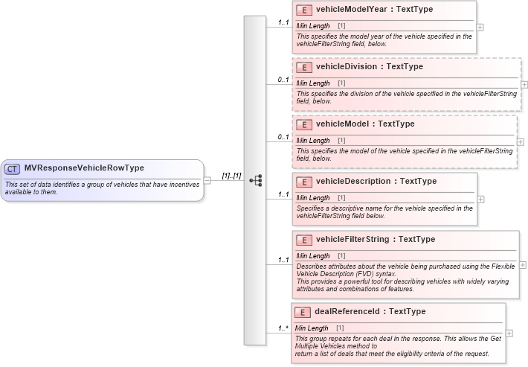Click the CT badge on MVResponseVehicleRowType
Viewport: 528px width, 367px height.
coord(13,168)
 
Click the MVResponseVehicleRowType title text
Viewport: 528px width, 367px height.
coord(84,168)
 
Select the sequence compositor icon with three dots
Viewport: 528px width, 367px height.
coord(255,180)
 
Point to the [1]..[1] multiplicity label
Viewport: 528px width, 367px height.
coord(231,176)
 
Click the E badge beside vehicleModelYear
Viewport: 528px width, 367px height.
coord(303,10)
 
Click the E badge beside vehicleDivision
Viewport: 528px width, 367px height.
coord(303,67)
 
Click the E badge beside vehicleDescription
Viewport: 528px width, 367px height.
coord(303,182)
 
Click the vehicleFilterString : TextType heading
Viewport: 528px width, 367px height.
coord(376,240)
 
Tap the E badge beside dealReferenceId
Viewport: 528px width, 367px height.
coord(303,312)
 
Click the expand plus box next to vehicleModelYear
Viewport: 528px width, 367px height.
coord(480,27)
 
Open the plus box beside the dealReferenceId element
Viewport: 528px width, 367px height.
coord(509,334)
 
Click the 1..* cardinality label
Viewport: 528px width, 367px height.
coord(283,328)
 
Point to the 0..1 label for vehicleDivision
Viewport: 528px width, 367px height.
coord(283,79)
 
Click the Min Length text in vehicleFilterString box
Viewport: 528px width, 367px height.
coord(313,255)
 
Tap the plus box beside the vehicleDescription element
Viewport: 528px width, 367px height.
coord(480,199)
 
